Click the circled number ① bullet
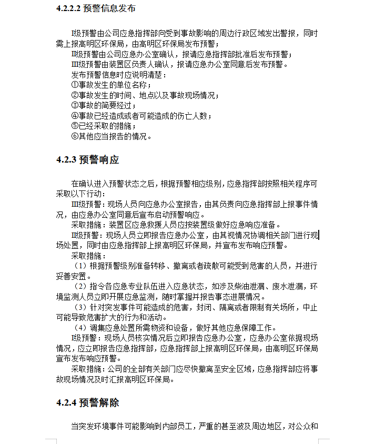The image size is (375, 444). (x=75, y=85)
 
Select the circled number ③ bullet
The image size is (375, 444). (x=75, y=106)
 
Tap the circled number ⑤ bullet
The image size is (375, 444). (x=75, y=126)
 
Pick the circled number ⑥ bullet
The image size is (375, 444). (x=75, y=136)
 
